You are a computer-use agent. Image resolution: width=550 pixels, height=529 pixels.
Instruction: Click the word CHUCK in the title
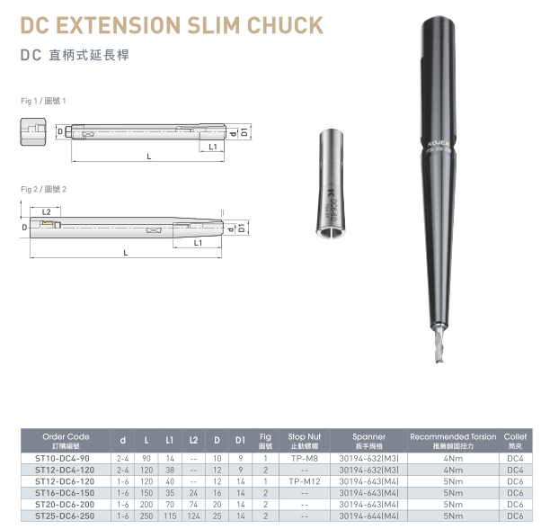pyautogui.click(x=285, y=25)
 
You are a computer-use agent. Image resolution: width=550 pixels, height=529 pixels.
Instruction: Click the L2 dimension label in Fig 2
pyautogui.click(x=47, y=212)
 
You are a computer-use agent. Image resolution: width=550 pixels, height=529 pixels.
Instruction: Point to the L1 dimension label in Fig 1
pyautogui.click(x=213, y=147)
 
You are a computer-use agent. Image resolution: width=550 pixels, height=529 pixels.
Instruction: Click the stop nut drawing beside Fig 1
pyautogui.click(x=33, y=132)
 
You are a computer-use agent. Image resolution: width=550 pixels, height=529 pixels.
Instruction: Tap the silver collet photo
pyautogui.click(x=330, y=184)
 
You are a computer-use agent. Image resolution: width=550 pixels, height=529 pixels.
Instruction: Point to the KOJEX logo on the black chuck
pyautogui.click(x=439, y=144)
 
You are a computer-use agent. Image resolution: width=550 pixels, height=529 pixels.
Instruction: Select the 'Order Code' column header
pyautogui.click(x=66, y=441)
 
